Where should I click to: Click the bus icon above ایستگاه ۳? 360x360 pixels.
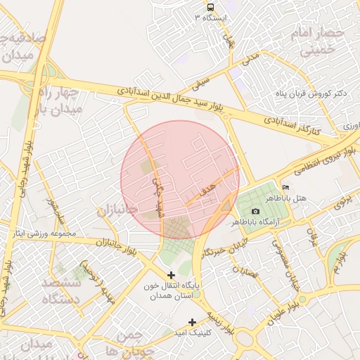tap(210, 6)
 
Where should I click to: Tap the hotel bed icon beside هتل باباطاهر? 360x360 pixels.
tap(285, 188)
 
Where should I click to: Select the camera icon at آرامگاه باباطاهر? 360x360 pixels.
tap(255, 211)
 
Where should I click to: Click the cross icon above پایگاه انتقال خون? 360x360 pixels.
tap(171, 274)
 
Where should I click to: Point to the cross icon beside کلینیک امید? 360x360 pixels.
tap(192, 322)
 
